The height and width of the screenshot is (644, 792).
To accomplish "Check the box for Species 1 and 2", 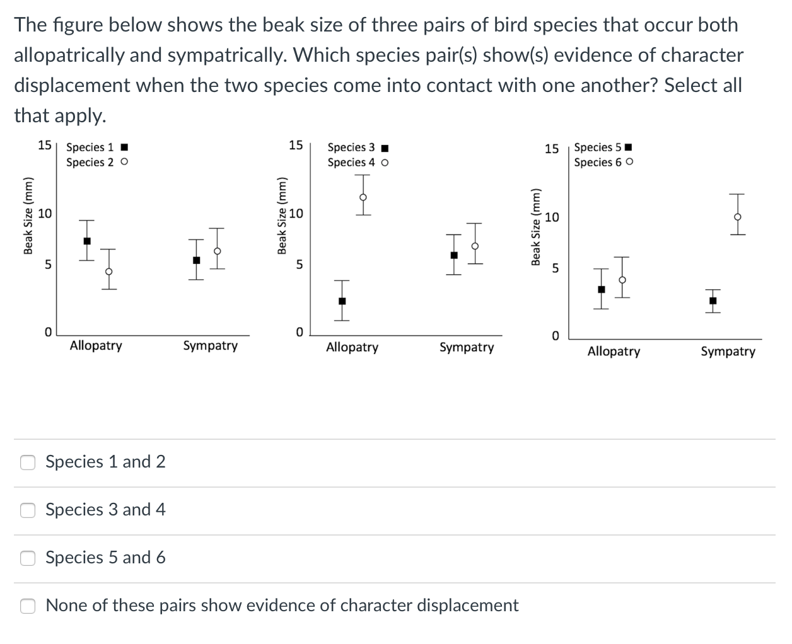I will [28, 463].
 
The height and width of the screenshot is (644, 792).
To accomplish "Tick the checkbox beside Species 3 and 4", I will [28, 510].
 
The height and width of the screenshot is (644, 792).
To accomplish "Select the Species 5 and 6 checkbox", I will [28, 558].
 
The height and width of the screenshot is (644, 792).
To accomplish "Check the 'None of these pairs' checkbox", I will [28, 606].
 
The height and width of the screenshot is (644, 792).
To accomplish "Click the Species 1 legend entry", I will [97, 147].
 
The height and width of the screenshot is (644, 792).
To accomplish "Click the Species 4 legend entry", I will [358, 163].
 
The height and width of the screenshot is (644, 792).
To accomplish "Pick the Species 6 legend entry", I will [603, 163].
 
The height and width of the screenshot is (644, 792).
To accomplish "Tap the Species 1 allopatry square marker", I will [87, 241].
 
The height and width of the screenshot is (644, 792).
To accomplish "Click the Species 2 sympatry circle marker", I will [217, 251].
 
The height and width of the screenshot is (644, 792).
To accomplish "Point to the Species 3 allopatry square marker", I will [342, 301].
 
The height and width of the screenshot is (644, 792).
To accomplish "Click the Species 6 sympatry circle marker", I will [738, 217].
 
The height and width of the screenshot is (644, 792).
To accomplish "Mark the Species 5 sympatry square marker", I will [713, 301].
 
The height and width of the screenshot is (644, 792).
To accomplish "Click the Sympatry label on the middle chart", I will [467, 347].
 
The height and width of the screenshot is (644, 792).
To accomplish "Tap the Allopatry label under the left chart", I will [96, 346].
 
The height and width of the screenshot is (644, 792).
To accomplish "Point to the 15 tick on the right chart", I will [551, 149].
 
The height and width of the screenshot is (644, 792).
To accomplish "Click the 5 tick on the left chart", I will [47, 265].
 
